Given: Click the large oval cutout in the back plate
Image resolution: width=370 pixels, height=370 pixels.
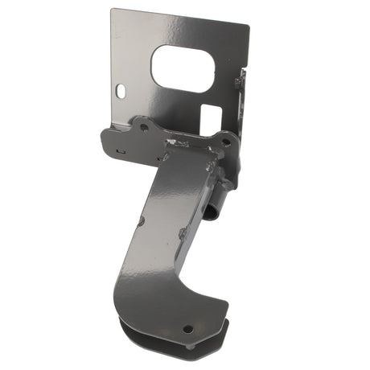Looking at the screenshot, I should [183, 68].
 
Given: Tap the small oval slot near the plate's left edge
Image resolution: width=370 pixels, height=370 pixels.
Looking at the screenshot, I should [121, 92].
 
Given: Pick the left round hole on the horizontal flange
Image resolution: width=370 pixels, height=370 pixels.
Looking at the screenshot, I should [144, 127].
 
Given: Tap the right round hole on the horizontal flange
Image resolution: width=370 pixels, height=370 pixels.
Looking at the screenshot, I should [226, 142].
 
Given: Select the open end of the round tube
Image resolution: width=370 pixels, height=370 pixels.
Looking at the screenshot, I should [210, 212].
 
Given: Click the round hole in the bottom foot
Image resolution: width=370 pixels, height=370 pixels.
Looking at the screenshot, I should [187, 328].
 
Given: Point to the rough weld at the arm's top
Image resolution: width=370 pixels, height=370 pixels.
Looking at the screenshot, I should [179, 145].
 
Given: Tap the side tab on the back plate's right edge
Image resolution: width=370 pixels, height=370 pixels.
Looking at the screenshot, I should [240, 80].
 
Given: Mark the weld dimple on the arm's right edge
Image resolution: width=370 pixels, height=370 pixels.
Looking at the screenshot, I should [183, 234].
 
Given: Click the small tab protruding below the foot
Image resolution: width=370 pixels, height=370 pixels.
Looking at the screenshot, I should [191, 347].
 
